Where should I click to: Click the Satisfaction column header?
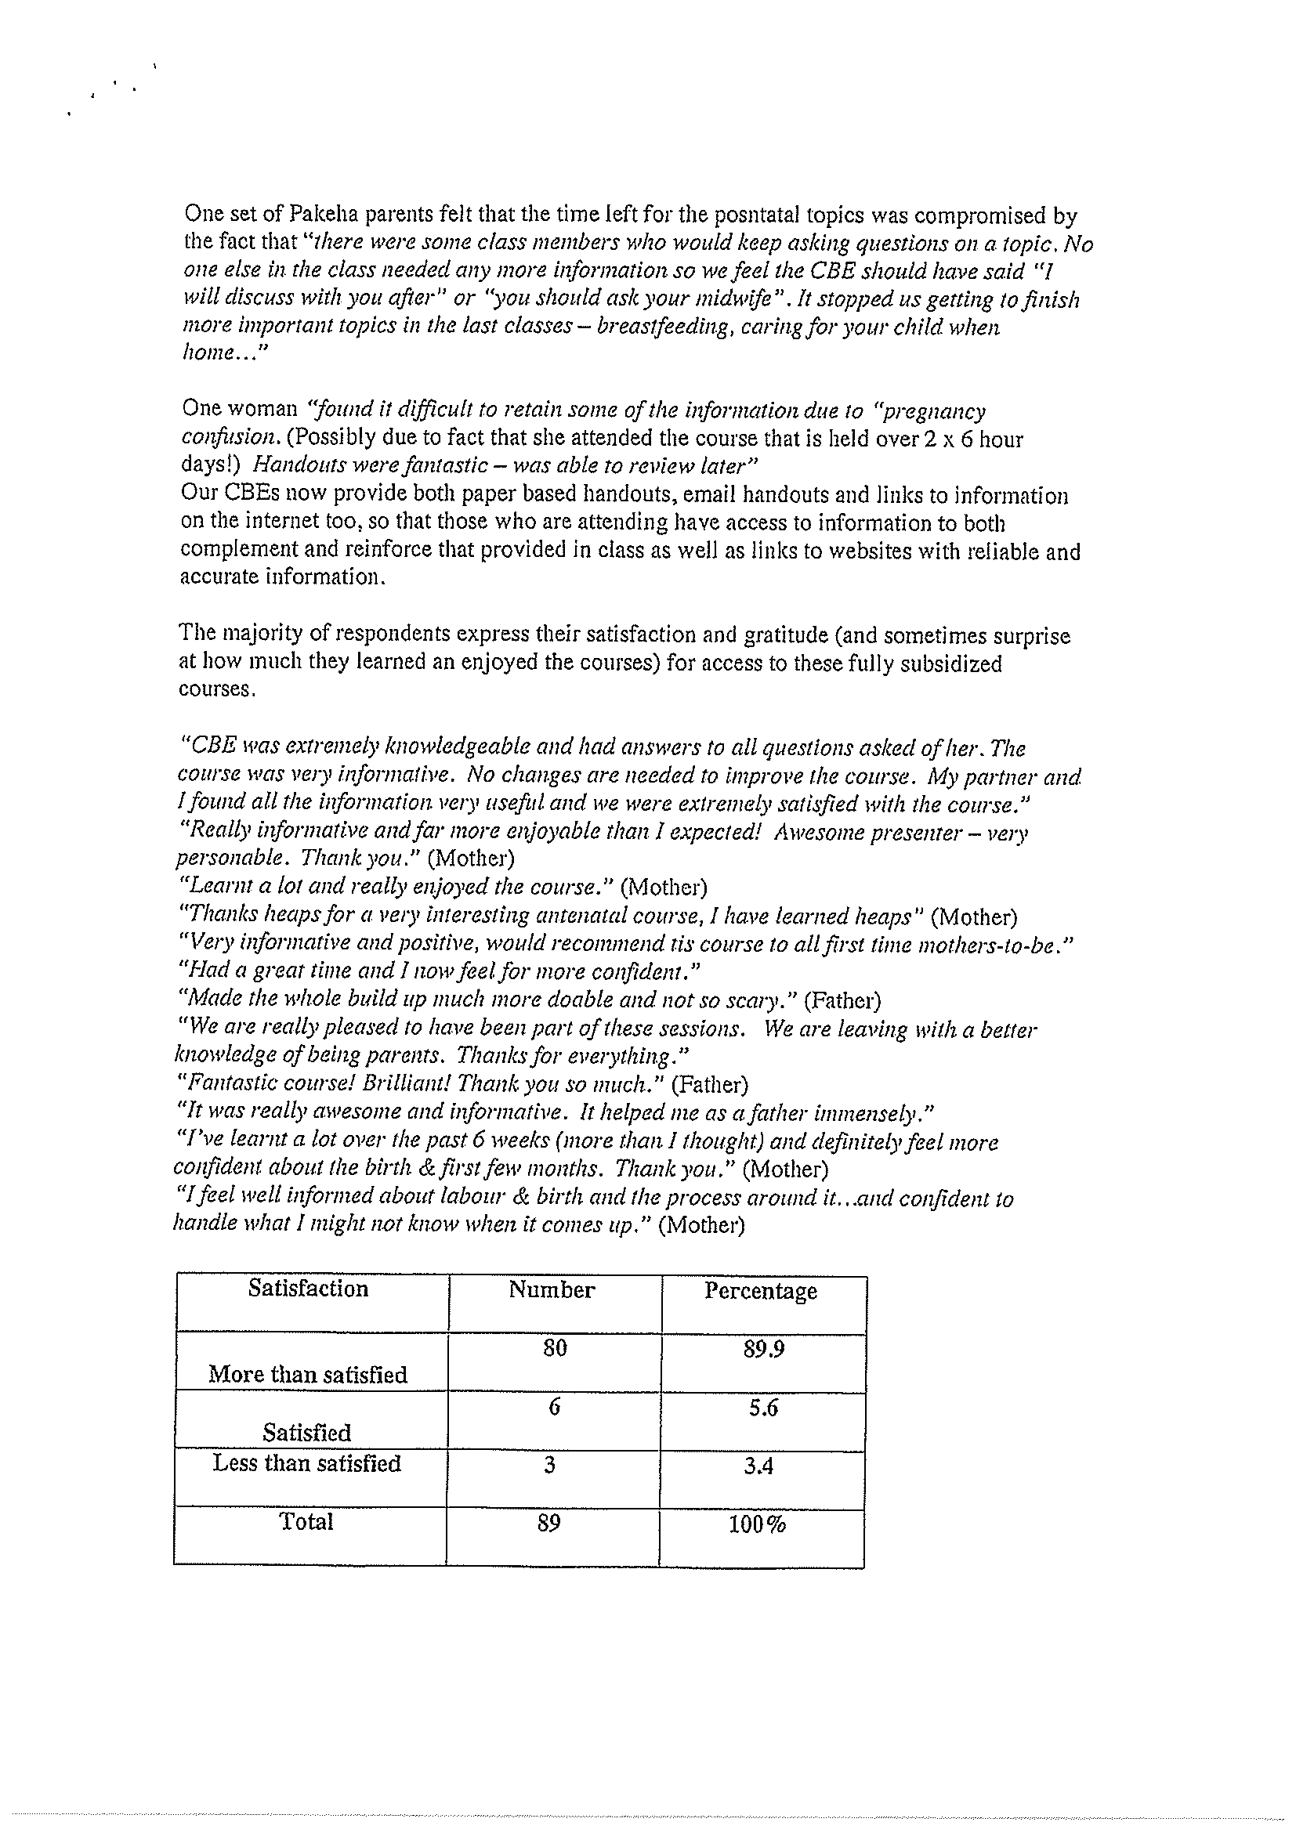point(308,1289)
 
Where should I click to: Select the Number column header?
point(552,1291)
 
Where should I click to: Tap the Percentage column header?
point(760,1292)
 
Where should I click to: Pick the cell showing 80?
point(554,1348)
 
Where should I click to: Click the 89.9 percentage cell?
point(763,1349)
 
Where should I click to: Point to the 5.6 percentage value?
point(763,1408)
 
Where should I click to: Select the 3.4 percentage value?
point(758,1466)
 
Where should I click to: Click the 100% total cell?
point(757,1525)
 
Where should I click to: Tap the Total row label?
point(306,1522)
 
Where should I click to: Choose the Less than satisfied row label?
point(306,1463)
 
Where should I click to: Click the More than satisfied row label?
point(307,1375)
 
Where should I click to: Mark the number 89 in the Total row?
point(549,1524)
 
